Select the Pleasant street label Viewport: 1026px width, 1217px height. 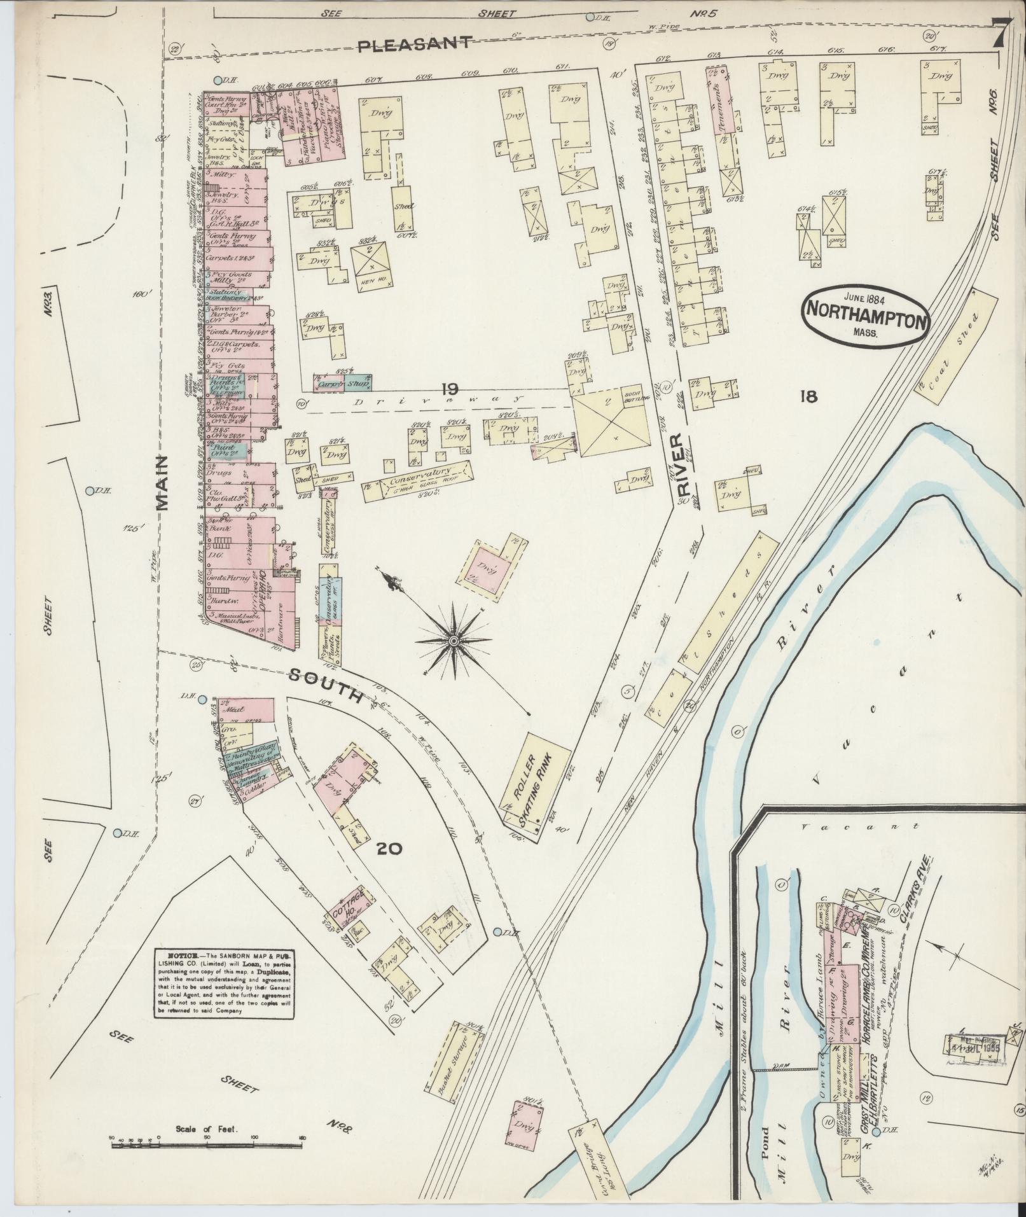click(415, 44)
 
